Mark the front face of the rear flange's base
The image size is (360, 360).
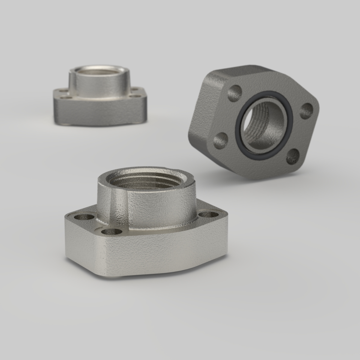(x=99, y=111)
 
